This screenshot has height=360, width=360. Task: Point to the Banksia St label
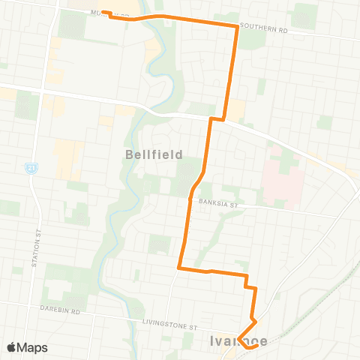(217, 202)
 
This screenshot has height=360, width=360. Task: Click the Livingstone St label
(171, 325)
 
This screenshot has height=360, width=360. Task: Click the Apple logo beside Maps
(11, 347)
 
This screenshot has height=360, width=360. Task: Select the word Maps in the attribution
(34, 347)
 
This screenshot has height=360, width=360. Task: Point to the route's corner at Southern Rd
(237, 27)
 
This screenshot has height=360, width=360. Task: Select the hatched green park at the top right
(304, 16)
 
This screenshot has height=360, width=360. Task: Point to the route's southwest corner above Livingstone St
(178, 267)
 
